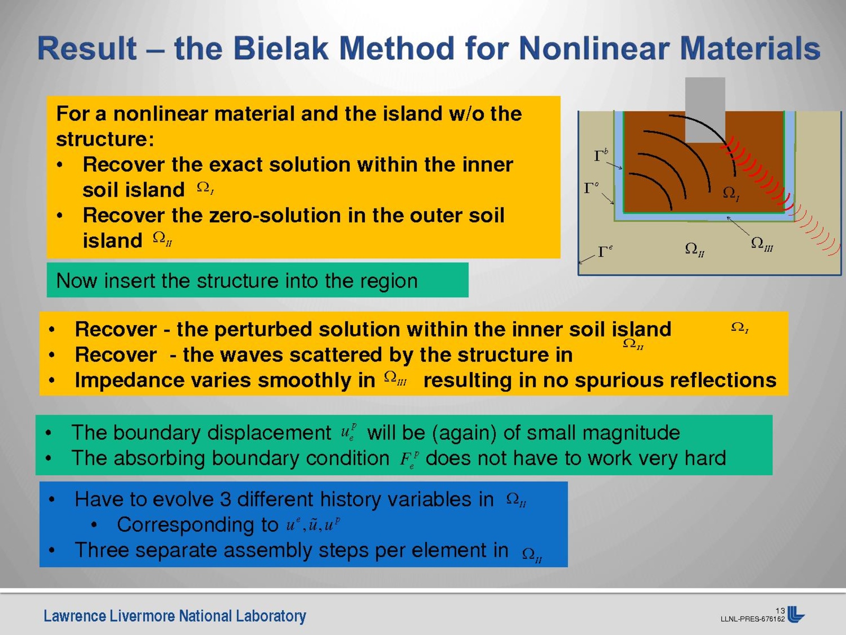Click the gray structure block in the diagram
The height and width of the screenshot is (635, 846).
tap(705, 110)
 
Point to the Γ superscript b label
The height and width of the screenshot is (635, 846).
tap(601, 155)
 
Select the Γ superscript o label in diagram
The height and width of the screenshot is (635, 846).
tap(591, 187)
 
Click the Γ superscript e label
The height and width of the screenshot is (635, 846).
tap(605, 251)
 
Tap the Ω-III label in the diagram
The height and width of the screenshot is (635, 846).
tap(762, 244)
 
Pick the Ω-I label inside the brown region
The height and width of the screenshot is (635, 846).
tap(731, 193)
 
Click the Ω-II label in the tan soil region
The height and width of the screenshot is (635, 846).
tap(695, 249)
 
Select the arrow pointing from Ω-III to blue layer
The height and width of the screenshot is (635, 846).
tap(738, 225)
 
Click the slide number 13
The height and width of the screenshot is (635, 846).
tap(780, 611)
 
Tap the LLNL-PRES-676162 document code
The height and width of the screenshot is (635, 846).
tap(752, 619)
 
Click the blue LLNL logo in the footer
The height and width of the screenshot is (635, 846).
tap(796, 614)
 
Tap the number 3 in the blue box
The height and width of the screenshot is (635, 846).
tap(225, 500)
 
